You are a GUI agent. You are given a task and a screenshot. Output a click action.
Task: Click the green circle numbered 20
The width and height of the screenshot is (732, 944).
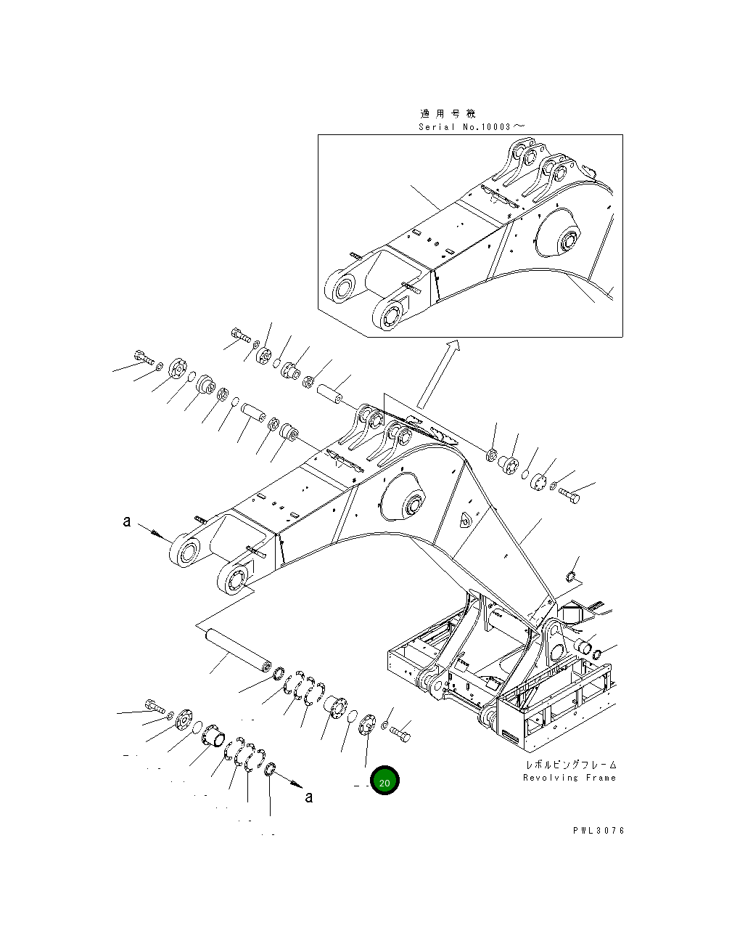[384, 781]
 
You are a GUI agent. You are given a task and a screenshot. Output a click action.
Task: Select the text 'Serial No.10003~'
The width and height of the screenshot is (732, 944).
[471, 126]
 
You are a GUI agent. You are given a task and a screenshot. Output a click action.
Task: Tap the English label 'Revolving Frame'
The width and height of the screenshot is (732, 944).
[569, 778]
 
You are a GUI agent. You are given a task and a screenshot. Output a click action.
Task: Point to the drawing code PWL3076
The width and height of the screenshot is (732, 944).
[597, 831]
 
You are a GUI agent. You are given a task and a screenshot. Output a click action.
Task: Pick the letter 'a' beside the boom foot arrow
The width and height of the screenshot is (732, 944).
[127, 521]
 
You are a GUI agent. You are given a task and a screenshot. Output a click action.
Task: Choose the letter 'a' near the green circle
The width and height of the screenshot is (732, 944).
[309, 797]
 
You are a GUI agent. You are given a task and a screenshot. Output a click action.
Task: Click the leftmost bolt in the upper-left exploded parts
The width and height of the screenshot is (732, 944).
[143, 357]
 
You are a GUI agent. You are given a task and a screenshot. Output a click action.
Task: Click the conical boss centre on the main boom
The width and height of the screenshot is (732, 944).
[415, 503]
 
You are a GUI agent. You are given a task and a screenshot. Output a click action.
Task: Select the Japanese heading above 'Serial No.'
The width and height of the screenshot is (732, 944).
[448, 114]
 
